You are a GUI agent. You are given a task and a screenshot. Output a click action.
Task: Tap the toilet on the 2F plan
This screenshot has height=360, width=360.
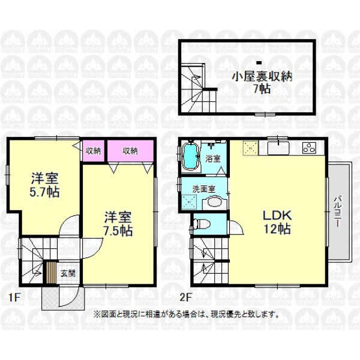202,224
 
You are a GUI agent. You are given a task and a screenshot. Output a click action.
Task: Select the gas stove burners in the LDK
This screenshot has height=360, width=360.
309,148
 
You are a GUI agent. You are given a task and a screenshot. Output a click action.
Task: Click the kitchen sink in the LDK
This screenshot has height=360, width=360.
278,148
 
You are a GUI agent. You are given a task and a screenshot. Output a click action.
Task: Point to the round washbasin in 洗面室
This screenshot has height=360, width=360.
215,202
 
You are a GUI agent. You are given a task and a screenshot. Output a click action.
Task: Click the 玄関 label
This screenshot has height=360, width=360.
68,274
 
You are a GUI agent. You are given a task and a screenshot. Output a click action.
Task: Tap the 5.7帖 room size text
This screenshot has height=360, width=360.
44,193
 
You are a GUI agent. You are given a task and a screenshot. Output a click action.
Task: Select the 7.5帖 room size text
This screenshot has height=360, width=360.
118,231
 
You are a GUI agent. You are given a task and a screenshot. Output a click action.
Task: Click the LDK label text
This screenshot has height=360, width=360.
277,215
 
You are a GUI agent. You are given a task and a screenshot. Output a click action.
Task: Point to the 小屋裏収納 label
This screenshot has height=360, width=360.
262,76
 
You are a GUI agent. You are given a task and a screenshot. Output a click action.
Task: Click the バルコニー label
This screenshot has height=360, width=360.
337,211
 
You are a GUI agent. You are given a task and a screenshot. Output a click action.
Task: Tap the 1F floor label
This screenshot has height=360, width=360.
14,298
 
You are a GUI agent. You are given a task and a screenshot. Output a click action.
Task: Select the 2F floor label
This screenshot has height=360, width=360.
185,298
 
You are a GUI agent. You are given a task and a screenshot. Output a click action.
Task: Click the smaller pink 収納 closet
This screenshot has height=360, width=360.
93,151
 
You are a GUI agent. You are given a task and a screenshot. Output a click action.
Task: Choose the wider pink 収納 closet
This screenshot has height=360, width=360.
130,151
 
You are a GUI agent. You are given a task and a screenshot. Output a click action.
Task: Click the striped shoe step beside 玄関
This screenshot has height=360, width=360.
51,272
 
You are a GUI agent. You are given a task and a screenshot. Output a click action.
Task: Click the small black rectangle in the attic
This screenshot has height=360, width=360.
259,62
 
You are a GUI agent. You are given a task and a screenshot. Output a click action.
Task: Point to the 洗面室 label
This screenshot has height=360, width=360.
203,189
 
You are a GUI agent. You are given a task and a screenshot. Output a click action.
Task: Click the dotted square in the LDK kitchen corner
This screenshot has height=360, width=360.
250,148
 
